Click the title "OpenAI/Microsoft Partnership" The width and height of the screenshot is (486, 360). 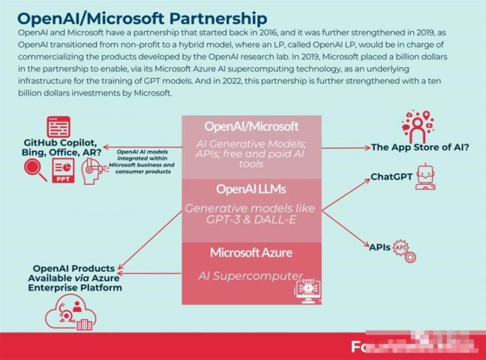pos(141,17)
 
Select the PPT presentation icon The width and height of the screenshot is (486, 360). pos(62,170)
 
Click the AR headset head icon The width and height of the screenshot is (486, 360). pos(92,172)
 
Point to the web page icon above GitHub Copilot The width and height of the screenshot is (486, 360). pos(57,127)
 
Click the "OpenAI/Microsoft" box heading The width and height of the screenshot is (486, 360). pos(252,126)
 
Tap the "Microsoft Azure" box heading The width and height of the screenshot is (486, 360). pos(252,253)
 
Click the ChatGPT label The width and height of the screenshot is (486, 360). pos(391,177)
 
